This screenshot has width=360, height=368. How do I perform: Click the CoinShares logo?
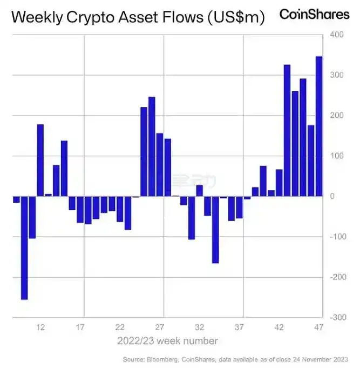314,14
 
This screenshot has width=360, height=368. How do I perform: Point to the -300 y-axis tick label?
336,317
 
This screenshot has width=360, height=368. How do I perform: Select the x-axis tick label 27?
160,327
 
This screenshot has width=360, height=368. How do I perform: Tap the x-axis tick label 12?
40,327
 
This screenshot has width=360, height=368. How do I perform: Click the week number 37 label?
240,327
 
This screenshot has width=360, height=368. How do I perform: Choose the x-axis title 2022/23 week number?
168,341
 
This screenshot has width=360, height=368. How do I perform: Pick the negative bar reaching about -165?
215,230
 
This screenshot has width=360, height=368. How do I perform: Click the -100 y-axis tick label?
336,237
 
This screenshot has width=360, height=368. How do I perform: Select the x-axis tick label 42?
279,327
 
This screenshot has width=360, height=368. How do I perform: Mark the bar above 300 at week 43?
287,130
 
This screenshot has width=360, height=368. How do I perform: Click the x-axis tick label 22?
120,327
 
